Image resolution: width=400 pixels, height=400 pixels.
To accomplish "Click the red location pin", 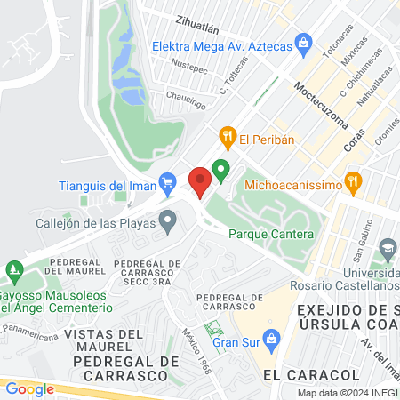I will coord(200,181).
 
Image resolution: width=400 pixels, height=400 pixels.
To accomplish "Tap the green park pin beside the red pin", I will coord(220,169).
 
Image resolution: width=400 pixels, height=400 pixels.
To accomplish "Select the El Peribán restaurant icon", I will coord(228,136).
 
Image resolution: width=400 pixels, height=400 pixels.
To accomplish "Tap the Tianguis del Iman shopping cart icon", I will coord(166,185).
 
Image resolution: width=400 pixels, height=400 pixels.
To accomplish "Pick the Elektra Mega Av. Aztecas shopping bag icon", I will coord(304,41).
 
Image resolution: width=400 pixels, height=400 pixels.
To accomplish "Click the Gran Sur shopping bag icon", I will coord(273,336).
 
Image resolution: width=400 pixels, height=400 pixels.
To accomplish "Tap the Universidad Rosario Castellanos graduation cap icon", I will coord(387,246).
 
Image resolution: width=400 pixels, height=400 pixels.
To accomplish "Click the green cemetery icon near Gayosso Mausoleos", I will coord(12,268).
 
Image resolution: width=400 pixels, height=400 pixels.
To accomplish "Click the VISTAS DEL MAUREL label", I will coord(104,341).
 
